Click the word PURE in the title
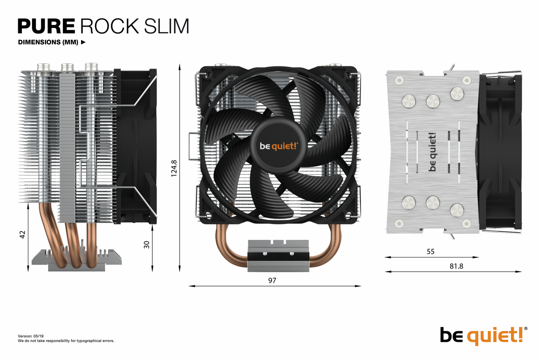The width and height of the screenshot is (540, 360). pyautogui.click(x=46, y=26)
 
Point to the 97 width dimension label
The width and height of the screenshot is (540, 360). pyautogui.click(x=272, y=280)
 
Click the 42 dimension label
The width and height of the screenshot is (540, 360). pyautogui.click(x=23, y=235)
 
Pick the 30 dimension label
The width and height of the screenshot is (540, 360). pyautogui.click(x=147, y=244)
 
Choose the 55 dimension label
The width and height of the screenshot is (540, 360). pyautogui.click(x=430, y=252)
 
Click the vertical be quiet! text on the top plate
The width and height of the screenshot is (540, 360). pyautogui.click(x=432, y=152)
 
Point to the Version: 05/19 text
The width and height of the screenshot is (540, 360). pyautogui.click(x=31, y=336)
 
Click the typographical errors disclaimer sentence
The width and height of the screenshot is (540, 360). pyautogui.click(x=66, y=341)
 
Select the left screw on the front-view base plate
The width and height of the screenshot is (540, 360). pyautogui.click(x=265, y=254)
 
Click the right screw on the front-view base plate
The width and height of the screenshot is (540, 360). pyautogui.click(x=291, y=254)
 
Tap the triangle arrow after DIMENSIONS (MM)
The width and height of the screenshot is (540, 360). pyautogui.click(x=83, y=42)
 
